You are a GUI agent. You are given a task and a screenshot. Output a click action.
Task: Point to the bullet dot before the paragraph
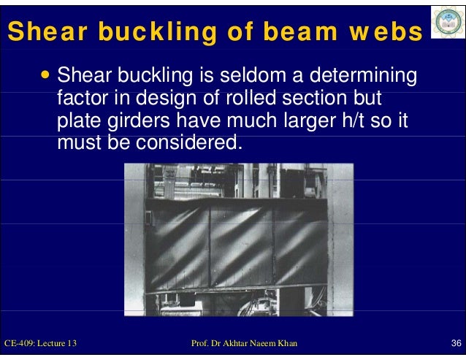coord(46,74)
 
